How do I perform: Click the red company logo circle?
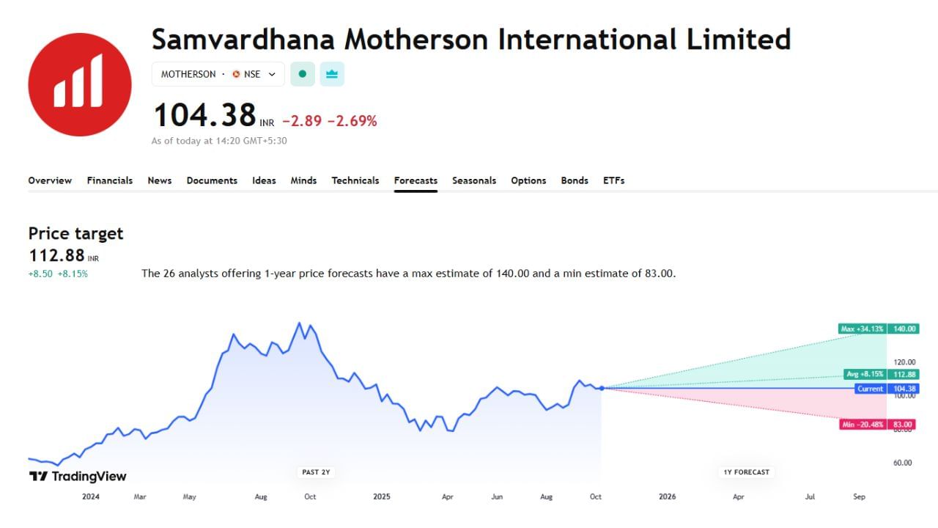click(x=80, y=84)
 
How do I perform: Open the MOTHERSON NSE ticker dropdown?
click(x=218, y=74)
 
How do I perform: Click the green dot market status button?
click(x=303, y=74)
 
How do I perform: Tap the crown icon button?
click(x=332, y=74)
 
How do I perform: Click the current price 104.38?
click(x=204, y=116)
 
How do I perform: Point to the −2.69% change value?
click(x=352, y=121)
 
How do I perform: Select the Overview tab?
click(x=50, y=180)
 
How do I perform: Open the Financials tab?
click(x=110, y=180)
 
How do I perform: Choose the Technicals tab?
click(x=355, y=180)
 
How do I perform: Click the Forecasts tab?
click(x=416, y=180)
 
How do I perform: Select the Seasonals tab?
click(x=474, y=180)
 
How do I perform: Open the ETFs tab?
click(x=613, y=180)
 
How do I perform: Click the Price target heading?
click(x=75, y=234)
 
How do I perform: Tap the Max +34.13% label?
click(x=862, y=329)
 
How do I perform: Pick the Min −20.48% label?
click(x=863, y=425)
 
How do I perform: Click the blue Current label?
click(x=870, y=389)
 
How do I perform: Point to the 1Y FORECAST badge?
click(x=747, y=472)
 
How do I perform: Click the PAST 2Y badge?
click(x=317, y=472)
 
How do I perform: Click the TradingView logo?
click(x=78, y=477)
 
